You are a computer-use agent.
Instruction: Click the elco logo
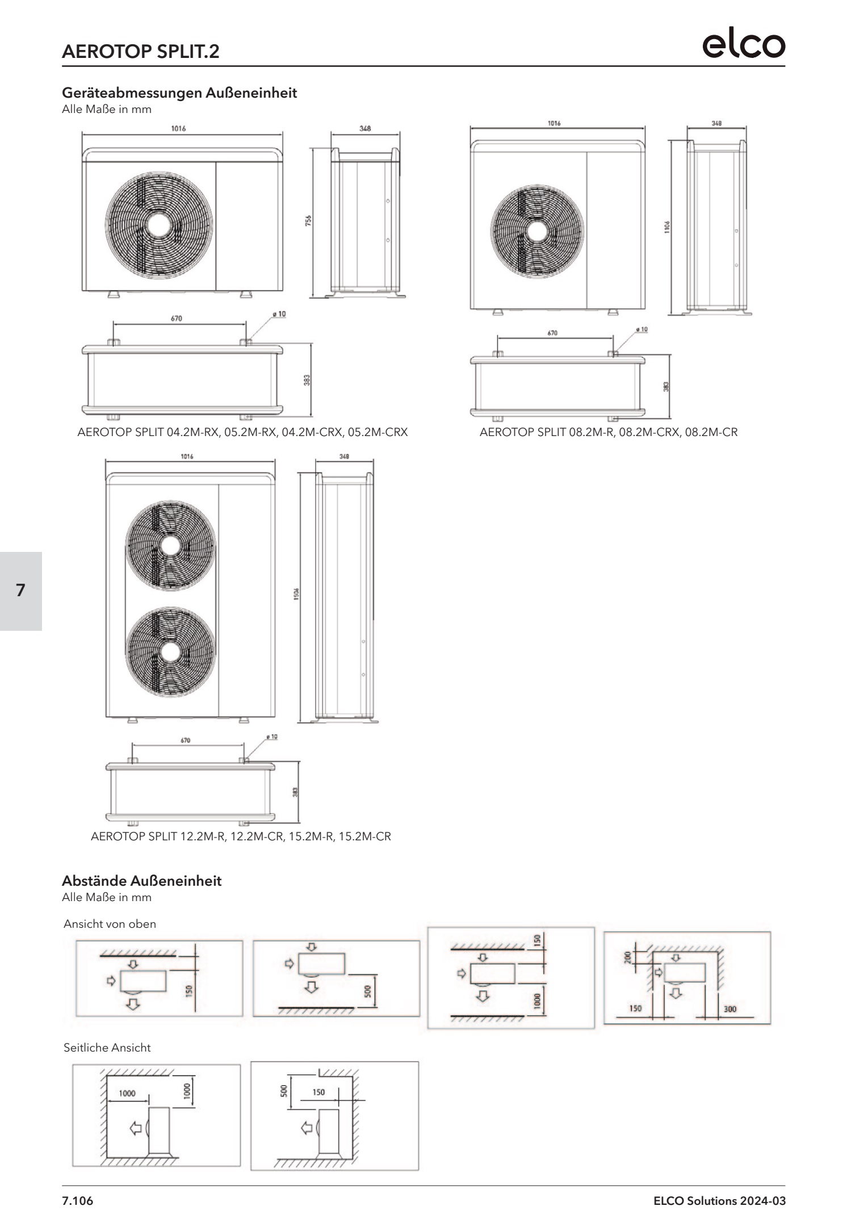click(744, 45)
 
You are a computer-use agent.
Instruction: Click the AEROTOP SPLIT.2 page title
click(140, 52)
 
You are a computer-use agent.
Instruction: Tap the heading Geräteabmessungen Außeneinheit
click(179, 93)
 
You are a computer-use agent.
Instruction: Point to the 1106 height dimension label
click(668, 227)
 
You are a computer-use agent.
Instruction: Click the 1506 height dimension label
click(296, 593)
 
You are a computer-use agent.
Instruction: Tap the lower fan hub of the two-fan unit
click(169, 652)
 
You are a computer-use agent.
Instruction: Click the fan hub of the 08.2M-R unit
click(536, 230)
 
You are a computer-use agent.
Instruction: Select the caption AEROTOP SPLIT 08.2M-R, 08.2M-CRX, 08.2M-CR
click(609, 432)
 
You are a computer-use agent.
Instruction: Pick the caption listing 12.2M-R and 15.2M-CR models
click(241, 836)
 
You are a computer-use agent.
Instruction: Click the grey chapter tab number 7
click(21, 591)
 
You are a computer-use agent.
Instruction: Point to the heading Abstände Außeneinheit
click(141, 881)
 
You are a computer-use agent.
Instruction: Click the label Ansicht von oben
click(110, 924)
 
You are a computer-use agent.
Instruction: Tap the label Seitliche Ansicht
click(107, 1048)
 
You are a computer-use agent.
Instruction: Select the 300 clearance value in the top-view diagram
click(730, 1009)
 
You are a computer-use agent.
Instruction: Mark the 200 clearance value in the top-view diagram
click(627, 958)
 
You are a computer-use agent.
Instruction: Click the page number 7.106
click(77, 1201)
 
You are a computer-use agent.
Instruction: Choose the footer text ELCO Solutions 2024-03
click(719, 1201)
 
